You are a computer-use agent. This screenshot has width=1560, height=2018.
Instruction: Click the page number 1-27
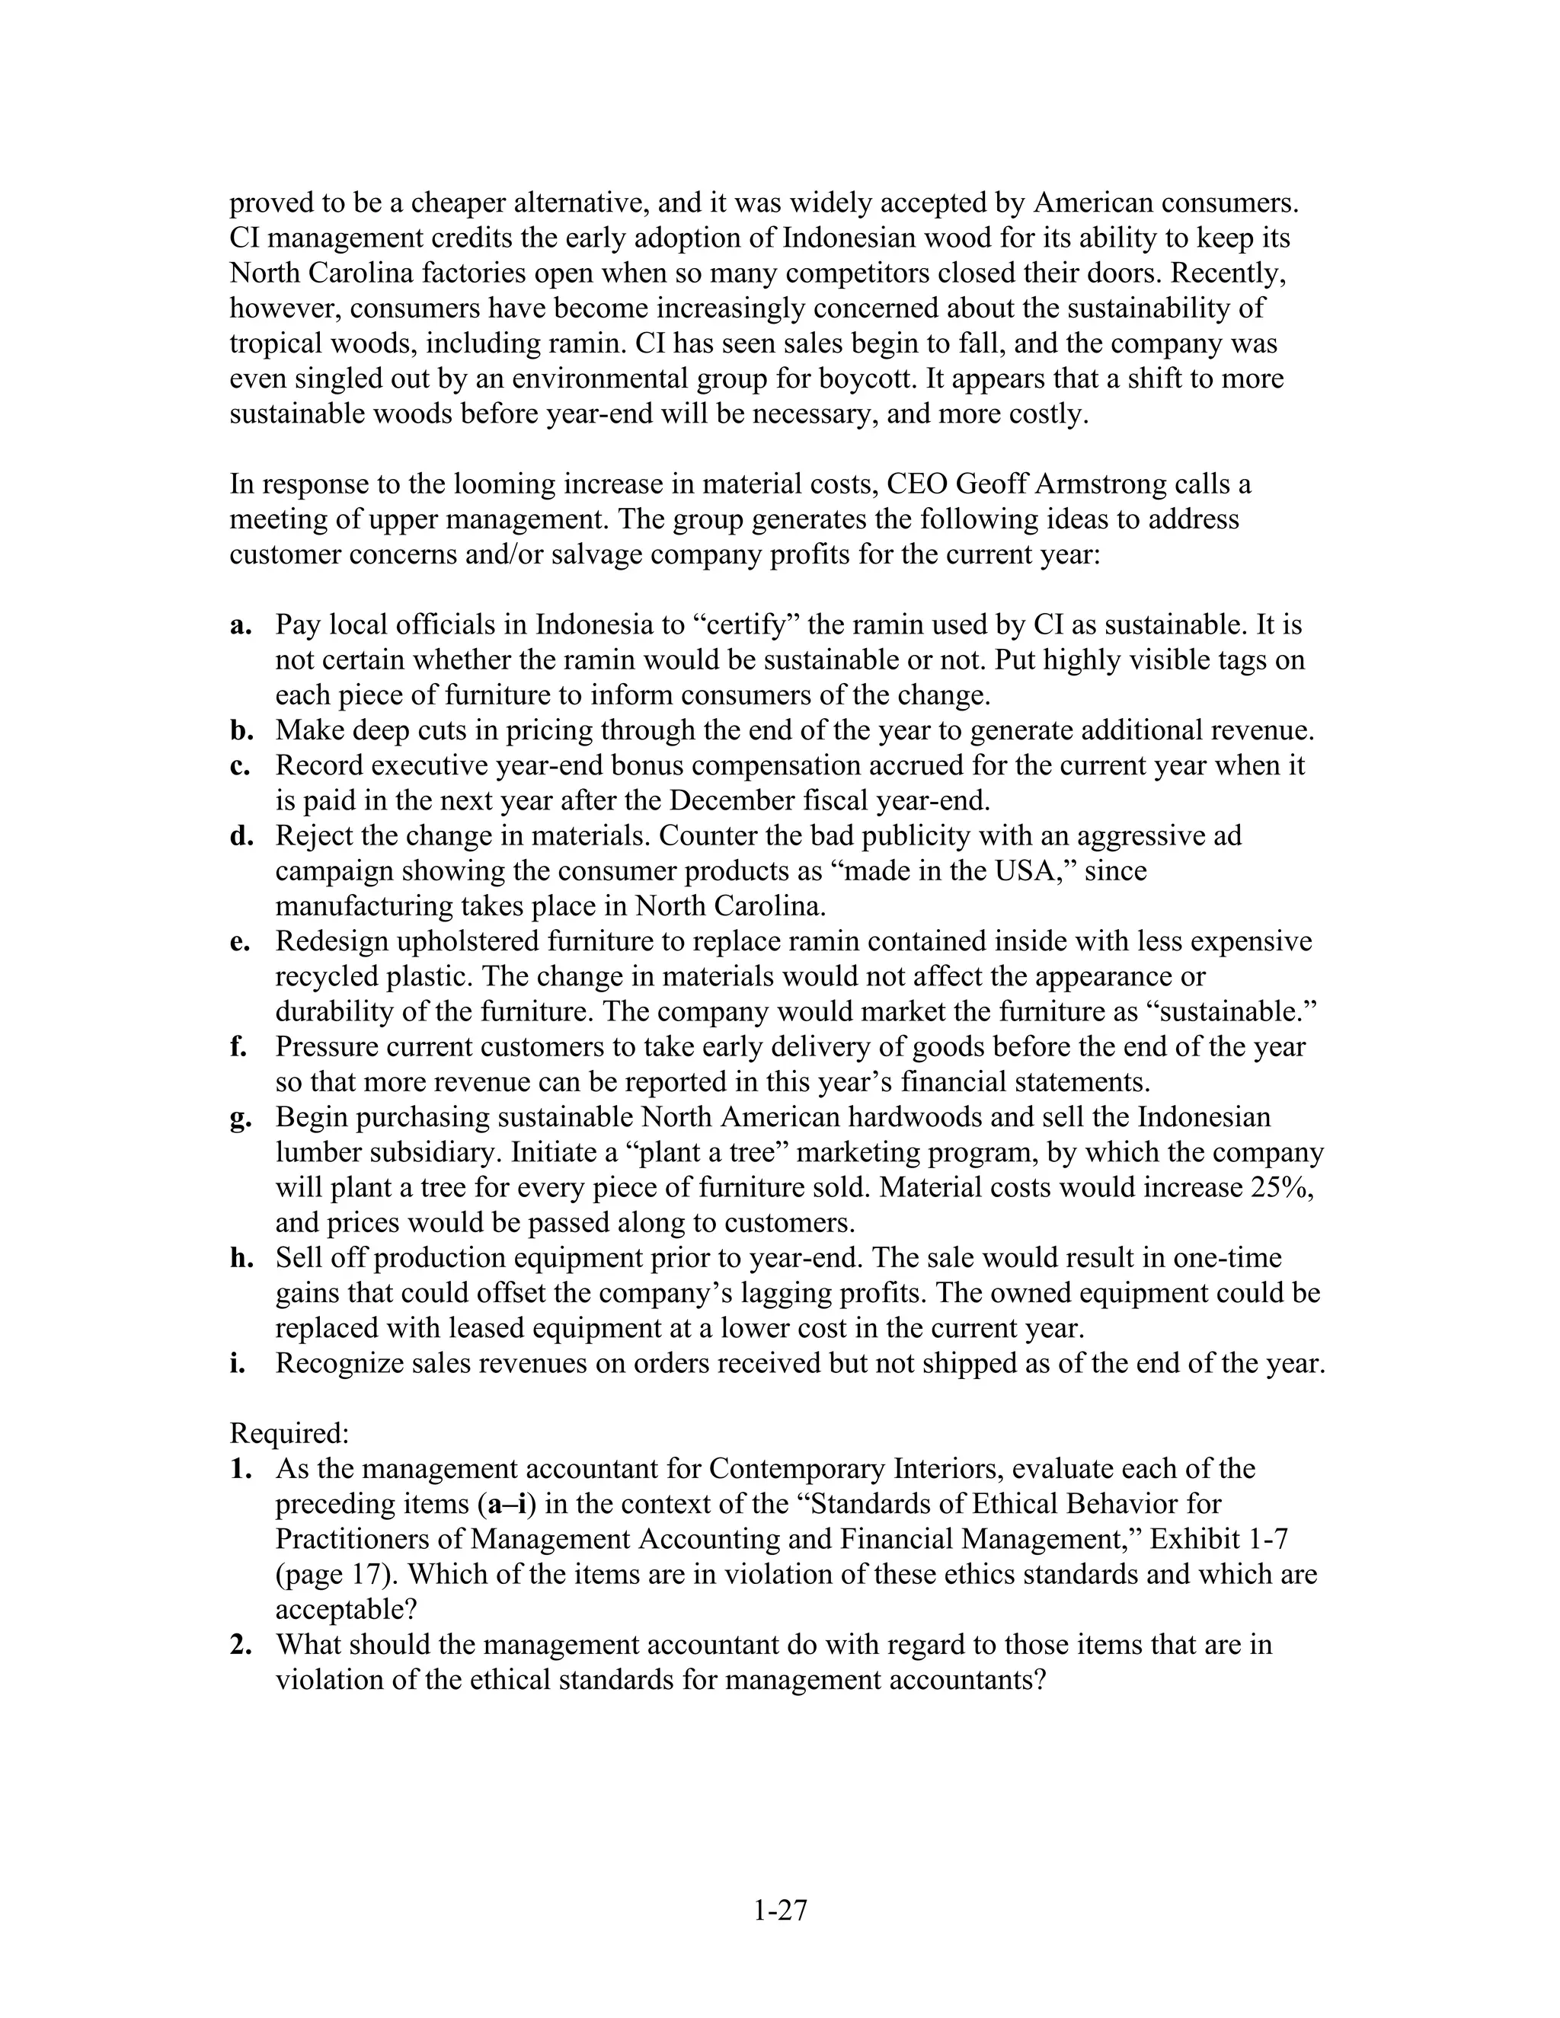[x=780, y=1909]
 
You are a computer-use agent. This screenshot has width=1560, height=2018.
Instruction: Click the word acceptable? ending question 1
[x=347, y=1610]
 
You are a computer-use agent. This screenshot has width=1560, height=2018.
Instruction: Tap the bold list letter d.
[x=240, y=836]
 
